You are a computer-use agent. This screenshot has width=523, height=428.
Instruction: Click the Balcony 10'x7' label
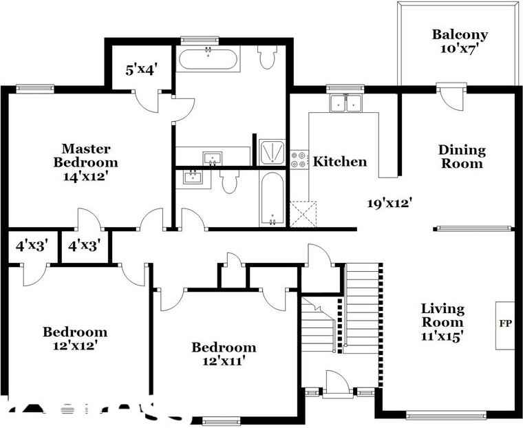[460, 41]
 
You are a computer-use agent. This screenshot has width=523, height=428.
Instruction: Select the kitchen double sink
[346, 104]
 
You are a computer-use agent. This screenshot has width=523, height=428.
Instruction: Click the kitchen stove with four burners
[299, 160]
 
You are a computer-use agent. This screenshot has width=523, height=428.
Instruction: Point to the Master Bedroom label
[86, 162]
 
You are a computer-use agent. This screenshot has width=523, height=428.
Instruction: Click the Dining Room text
[462, 156]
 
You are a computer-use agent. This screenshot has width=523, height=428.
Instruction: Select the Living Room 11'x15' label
[442, 323]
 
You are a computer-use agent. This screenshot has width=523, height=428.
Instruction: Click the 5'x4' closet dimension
[142, 69]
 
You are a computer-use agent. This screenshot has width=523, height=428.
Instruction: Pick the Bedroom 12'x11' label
[224, 354]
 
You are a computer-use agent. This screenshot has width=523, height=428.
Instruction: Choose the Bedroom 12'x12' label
[75, 339]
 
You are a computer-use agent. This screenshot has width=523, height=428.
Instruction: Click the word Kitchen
[340, 162]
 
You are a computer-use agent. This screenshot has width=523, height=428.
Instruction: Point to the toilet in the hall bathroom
[229, 182]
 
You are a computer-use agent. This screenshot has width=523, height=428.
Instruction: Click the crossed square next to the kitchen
[303, 214]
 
